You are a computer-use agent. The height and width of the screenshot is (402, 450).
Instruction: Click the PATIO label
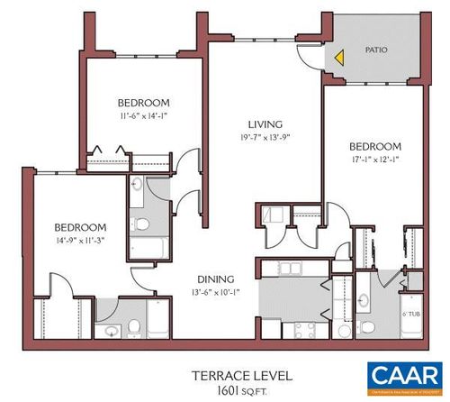point(376,50)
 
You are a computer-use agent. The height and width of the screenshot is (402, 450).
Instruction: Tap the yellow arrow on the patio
point(339,57)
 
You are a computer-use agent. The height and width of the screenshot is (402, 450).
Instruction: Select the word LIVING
point(266,124)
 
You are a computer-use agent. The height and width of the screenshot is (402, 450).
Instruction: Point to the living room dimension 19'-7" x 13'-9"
point(266,138)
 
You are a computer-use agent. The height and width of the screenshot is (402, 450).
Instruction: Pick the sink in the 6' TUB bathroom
point(367,301)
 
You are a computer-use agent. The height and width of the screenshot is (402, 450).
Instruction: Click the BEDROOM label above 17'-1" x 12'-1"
point(374,146)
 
